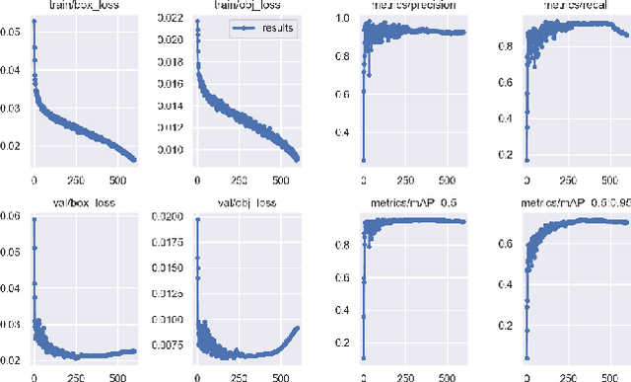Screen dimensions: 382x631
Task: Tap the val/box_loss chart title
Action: pos(79,202)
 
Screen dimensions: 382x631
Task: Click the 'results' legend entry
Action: pos(279,29)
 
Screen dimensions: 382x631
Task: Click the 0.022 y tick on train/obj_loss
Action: pos(174,19)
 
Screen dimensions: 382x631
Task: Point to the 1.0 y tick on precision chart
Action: pos(340,19)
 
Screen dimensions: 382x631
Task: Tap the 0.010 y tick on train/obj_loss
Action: pos(174,149)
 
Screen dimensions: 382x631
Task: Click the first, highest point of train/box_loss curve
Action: pos(33,20)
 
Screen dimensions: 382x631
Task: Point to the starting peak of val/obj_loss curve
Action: pos(195,219)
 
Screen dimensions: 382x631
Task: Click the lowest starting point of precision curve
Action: pos(363,160)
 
